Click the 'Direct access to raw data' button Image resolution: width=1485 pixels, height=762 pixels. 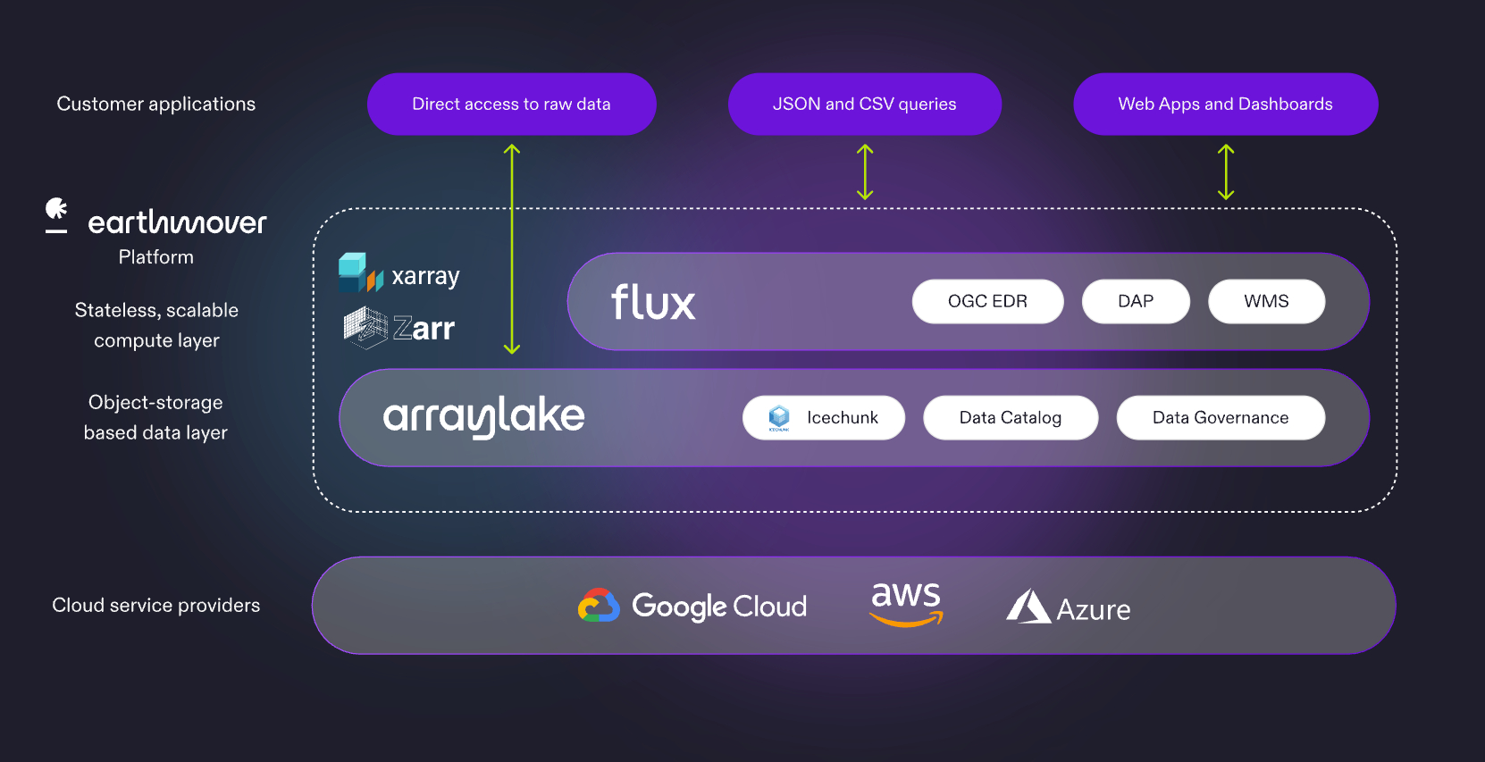pyautogui.click(x=511, y=105)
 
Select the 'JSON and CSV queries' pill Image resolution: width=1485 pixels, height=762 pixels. pyautogui.click(x=864, y=105)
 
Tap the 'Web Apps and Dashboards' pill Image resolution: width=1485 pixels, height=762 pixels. pyautogui.click(x=1225, y=105)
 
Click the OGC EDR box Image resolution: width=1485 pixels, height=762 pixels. pyautogui.click(x=987, y=302)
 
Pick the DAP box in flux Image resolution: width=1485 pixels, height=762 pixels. pyautogui.click(x=1135, y=302)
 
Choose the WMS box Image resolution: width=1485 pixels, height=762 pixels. pyautogui.click(x=1266, y=302)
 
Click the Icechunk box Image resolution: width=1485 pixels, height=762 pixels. pyautogui.click(x=823, y=418)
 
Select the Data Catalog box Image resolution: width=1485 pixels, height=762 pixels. pyautogui.click(x=1010, y=418)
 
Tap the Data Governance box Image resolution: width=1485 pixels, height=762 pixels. pyautogui.click(x=1220, y=418)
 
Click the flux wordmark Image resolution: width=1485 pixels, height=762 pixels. pyautogui.click(x=653, y=303)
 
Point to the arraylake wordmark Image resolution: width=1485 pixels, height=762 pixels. pyautogui.click(x=483, y=416)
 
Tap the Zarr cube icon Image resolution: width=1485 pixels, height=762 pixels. pyautogui.click(x=365, y=327)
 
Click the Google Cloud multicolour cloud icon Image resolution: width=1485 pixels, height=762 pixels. pyautogui.click(x=599, y=606)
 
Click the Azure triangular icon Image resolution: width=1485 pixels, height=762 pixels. pyautogui.click(x=1028, y=607)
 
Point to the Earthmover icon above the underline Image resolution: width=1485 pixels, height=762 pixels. pyautogui.click(x=56, y=209)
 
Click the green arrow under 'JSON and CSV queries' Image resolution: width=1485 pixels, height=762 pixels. pyautogui.click(x=864, y=172)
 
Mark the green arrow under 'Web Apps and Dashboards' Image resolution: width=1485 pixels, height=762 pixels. pyautogui.click(x=1225, y=172)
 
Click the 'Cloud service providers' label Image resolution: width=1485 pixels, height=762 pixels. pyautogui.click(x=156, y=606)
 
